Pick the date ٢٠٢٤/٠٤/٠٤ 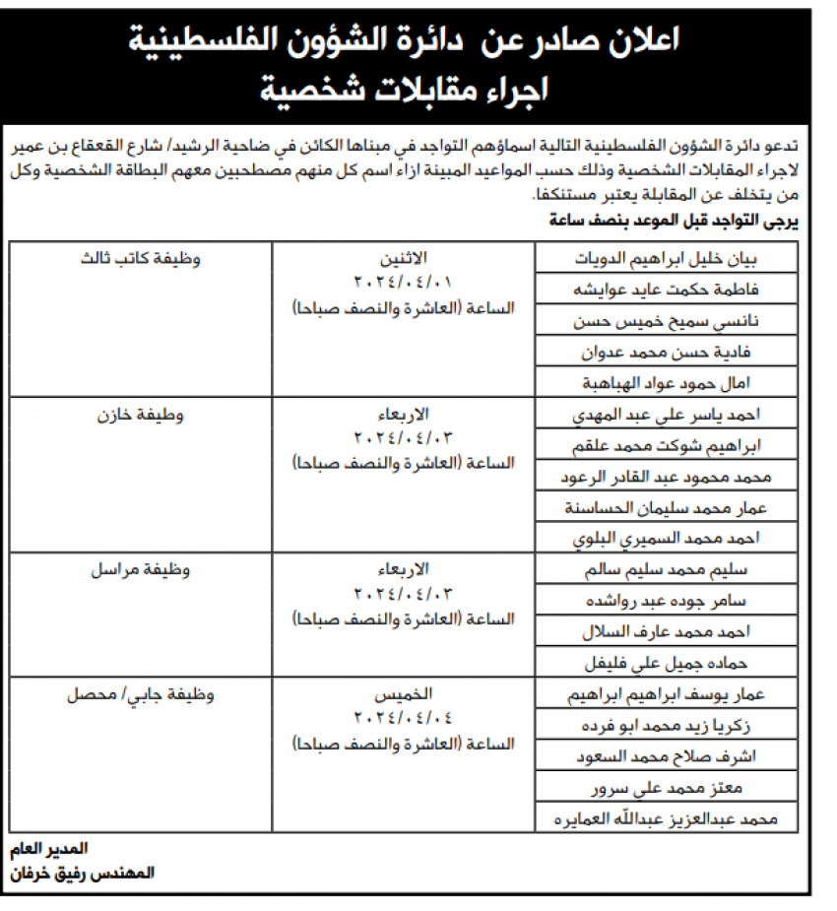click(x=403, y=716)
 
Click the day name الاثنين click(x=403, y=258)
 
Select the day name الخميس click(x=403, y=694)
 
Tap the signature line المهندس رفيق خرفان click(x=83, y=873)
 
